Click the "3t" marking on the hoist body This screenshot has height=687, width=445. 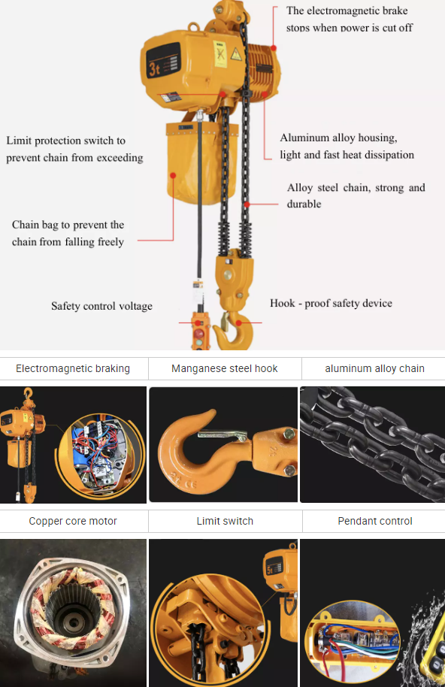[154, 69]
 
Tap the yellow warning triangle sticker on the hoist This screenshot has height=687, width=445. [235, 54]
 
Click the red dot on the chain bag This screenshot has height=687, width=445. [173, 175]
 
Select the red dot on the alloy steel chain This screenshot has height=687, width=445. [247, 204]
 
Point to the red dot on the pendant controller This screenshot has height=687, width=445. [198, 323]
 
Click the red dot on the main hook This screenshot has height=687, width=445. [238, 323]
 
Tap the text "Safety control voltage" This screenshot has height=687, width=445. [101, 306]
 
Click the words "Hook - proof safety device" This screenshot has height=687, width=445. [331, 303]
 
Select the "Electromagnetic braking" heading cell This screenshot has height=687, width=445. [73, 368]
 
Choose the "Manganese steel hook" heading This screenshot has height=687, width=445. [225, 368]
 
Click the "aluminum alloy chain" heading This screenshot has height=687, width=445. [375, 368]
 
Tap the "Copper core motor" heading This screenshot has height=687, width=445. [73, 521]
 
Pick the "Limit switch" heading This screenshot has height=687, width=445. [225, 521]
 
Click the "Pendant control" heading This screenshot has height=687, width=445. [375, 521]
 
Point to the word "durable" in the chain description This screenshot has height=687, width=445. [304, 204]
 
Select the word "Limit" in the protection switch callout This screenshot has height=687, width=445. [19, 141]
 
